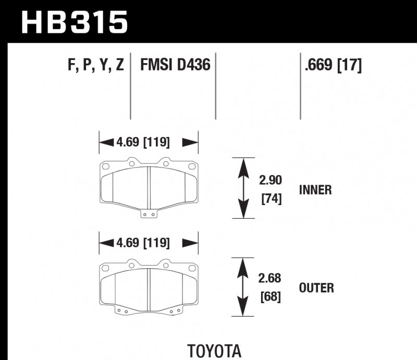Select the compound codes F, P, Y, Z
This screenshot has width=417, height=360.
pyautogui.click(x=96, y=66)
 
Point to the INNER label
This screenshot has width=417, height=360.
pyautogui.click(x=315, y=190)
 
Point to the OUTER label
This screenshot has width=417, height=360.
pyautogui.click(x=316, y=287)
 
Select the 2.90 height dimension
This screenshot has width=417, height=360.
pyautogui.click(x=271, y=181)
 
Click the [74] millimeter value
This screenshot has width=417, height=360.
pyautogui.click(x=271, y=199)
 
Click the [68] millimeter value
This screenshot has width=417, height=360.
pyautogui.click(x=271, y=297)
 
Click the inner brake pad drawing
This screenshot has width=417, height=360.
pyautogui.click(x=149, y=185)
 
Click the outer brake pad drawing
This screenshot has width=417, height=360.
pyautogui.click(x=149, y=287)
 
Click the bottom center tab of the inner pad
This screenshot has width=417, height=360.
pyautogui.click(x=149, y=212)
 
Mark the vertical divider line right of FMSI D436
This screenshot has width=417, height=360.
pyautogui.click(x=215, y=86)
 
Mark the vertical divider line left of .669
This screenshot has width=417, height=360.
pyautogui.click(x=300, y=86)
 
